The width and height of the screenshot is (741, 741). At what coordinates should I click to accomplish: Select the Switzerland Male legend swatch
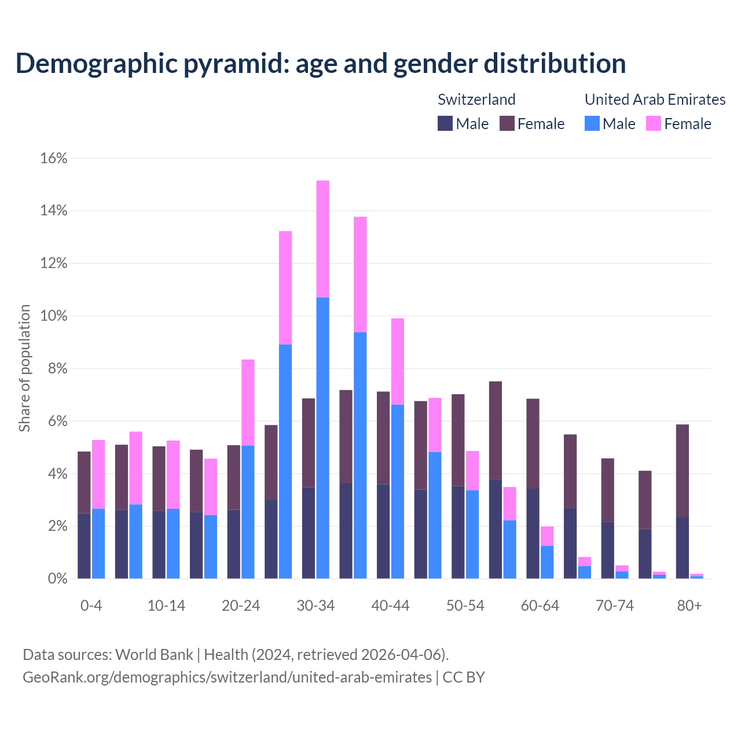pyautogui.click(x=445, y=123)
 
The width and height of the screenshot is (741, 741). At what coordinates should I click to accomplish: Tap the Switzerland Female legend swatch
pyautogui.click(x=507, y=123)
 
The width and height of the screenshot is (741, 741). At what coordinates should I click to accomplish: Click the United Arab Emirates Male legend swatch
pyautogui.click(x=592, y=123)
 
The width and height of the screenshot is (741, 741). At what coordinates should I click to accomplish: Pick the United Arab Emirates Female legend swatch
pyautogui.click(x=654, y=123)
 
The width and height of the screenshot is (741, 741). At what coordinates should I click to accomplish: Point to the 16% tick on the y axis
pyautogui.click(x=54, y=159)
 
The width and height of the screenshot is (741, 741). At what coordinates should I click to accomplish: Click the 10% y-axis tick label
pyautogui.click(x=54, y=316)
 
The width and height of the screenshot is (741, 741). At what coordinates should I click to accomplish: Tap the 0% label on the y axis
pyautogui.click(x=57, y=579)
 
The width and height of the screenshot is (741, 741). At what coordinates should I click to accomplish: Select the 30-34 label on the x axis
pyautogui.click(x=316, y=606)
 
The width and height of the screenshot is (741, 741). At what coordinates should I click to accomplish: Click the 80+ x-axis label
pyautogui.click(x=689, y=606)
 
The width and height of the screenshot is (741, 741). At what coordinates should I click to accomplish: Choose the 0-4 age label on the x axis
pyautogui.click(x=91, y=606)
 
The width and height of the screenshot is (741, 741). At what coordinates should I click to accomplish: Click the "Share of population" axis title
pyautogui.click(x=25, y=368)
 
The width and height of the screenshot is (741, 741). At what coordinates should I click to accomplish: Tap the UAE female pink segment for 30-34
pyautogui.click(x=322, y=239)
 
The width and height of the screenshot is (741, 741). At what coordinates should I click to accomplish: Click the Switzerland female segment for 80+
pyautogui.click(x=683, y=471)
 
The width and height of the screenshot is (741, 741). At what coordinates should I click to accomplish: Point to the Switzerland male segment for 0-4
pyautogui.click(x=84, y=546)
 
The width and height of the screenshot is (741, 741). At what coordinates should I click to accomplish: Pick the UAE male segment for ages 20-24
pyautogui.click(x=248, y=512)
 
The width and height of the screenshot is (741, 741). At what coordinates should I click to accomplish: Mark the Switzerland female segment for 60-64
pyautogui.click(x=533, y=443)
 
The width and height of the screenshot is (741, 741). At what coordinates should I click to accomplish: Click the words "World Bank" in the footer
pyautogui.click(x=154, y=655)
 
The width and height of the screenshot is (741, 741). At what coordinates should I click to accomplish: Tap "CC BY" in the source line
pyautogui.click(x=464, y=677)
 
